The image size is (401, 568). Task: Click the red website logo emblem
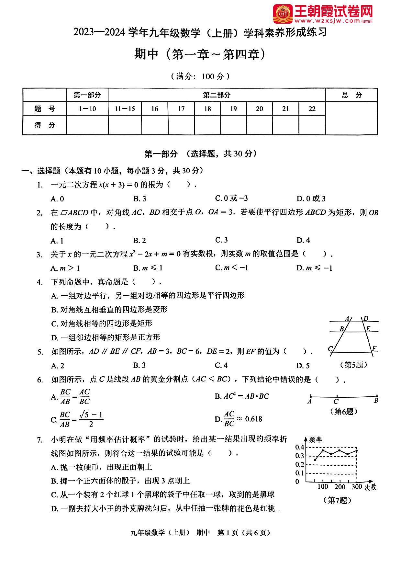tap(283, 14)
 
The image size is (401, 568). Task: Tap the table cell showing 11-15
tap(125, 109)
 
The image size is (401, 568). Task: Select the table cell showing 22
tap(312, 109)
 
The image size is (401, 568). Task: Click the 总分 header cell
tap(351, 95)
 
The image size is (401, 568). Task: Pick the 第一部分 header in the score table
tap(87, 95)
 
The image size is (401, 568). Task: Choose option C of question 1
tap(231, 198)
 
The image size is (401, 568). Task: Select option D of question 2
tap(303, 240)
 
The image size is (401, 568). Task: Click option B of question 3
tap(148, 268)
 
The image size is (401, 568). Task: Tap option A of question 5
tap(58, 366)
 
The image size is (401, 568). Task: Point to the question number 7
tap(40, 440)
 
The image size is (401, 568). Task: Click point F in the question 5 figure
tap(374, 348)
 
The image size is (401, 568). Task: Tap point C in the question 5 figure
tap(330, 349)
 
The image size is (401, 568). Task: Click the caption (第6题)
tap(344, 411)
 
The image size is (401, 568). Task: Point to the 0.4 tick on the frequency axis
tap(300, 447)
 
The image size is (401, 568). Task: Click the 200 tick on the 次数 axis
tap(340, 487)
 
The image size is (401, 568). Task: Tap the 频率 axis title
tap(316, 439)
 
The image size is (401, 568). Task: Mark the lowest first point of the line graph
tap(315, 460)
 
